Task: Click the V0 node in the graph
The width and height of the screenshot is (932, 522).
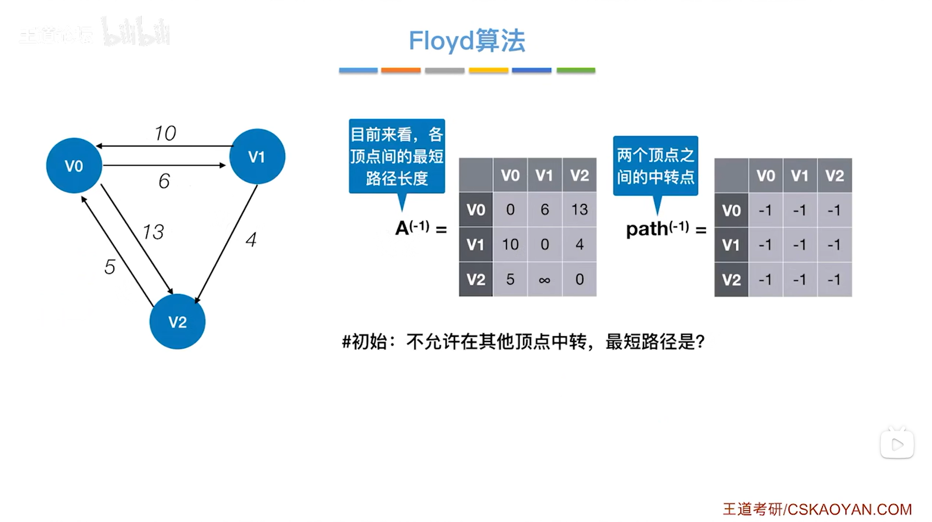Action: click(x=74, y=166)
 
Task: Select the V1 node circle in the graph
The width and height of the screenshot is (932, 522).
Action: click(x=257, y=156)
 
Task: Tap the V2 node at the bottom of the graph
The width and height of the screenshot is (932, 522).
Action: click(x=177, y=322)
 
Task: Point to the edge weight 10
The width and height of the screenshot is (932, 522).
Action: click(x=165, y=133)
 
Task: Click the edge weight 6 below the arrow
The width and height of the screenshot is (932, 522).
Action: click(x=164, y=181)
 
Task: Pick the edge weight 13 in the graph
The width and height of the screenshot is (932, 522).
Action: click(x=153, y=232)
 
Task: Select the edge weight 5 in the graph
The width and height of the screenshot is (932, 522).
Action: click(x=110, y=267)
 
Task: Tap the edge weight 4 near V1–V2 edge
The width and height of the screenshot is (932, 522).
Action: click(x=251, y=240)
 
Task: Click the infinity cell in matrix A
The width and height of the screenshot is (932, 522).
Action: click(x=545, y=280)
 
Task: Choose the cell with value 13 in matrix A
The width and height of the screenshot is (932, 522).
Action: click(x=579, y=210)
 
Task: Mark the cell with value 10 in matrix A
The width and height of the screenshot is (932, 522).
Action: click(x=510, y=245)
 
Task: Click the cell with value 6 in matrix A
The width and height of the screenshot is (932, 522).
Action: click(x=545, y=210)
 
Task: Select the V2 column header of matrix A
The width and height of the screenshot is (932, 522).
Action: click(x=579, y=175)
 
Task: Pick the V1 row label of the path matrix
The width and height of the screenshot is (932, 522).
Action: click(x=731, y=245)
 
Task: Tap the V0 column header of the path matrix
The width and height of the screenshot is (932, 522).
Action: click(x=765, y=175)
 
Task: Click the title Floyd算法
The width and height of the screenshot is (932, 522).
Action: click(x=467, y=40)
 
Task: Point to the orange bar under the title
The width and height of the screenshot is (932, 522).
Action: click(x=401, y=71)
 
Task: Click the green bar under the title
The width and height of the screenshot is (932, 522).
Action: click(x=576, y=71)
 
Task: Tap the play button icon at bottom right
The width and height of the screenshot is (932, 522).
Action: click(x=897, y=445)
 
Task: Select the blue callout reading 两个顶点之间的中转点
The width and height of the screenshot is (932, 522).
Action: click(x=655, y=166)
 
